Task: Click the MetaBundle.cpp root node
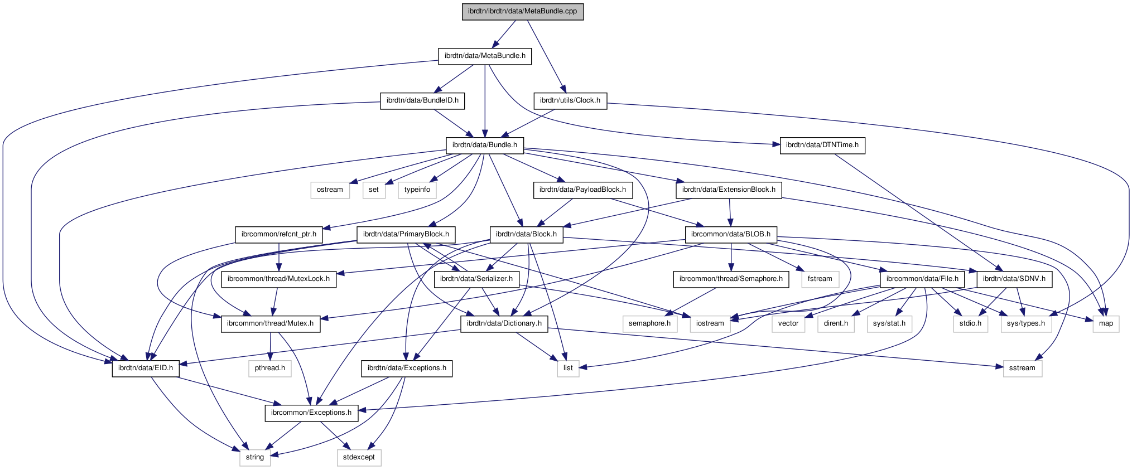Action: (x=522, y=11)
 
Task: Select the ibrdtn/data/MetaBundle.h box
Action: (x=484, y=56)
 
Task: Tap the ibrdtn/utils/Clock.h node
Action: (x=570, y=100)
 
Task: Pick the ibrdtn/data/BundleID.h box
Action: (x=422, y=100)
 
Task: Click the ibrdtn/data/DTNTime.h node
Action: (x=822, y=145)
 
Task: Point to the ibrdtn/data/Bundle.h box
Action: (x=484, y=145)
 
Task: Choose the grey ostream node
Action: (x=330, y=190)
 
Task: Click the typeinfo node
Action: (x=417, y=190)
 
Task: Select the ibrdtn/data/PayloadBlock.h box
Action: (x=582, y=190)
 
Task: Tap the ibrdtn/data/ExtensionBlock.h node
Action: (x=728, y=190)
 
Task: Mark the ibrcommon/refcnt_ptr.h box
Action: (x=278, y=234)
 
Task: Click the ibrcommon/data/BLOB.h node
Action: (x=730, y=234)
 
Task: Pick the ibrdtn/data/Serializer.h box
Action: (x=476, y=279)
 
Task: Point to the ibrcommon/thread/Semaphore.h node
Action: (x=730, y=279)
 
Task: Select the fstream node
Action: (x=820, y=279)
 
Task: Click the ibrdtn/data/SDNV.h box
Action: (x=1014, y=279)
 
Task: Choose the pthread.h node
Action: (x=269, y=368)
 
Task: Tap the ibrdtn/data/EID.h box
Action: (x=145, y=368)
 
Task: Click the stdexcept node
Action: (x=359, y=457)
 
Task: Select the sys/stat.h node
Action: (x=889, y=323)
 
